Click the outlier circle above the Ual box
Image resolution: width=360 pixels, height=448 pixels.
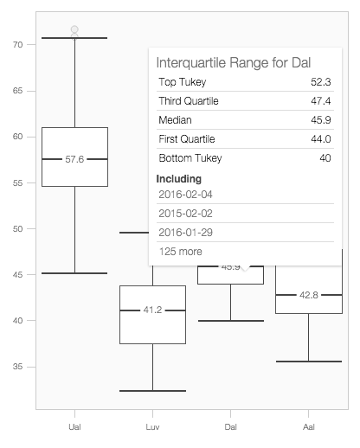pos(74,29)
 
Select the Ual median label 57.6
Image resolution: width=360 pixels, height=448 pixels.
pos(74,159)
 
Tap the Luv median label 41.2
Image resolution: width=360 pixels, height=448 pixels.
pos(152,310)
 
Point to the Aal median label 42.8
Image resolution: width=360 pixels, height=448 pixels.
pos(309,295)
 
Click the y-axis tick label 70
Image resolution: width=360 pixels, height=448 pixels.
pos(17,45)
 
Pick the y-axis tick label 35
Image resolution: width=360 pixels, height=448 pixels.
pos(17,367)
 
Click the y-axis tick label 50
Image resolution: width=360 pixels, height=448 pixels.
pos(17,229)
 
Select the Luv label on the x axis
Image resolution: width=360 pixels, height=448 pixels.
pos(152,427)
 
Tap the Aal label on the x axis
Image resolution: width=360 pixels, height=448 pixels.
pos(309,427)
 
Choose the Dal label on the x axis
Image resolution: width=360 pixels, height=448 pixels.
pos(230,427)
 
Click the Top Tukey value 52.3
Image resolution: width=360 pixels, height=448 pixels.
pos(321,82)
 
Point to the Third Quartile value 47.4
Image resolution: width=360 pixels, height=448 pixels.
pos(321,101)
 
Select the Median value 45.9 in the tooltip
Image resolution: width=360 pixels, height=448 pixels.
pos(321,120)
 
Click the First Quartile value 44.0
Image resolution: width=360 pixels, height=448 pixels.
pos(321,139)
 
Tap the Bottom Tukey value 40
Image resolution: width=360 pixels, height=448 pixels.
pos(325,158)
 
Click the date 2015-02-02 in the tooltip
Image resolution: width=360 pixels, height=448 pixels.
pos(185,214)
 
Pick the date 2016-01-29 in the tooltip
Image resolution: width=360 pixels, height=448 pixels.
pos(185,233)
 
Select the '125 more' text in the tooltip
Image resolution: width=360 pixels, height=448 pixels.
pos(181,252)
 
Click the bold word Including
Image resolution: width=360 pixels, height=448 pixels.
pos(179,179)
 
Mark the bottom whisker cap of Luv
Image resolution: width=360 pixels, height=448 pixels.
pos(152,391)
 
